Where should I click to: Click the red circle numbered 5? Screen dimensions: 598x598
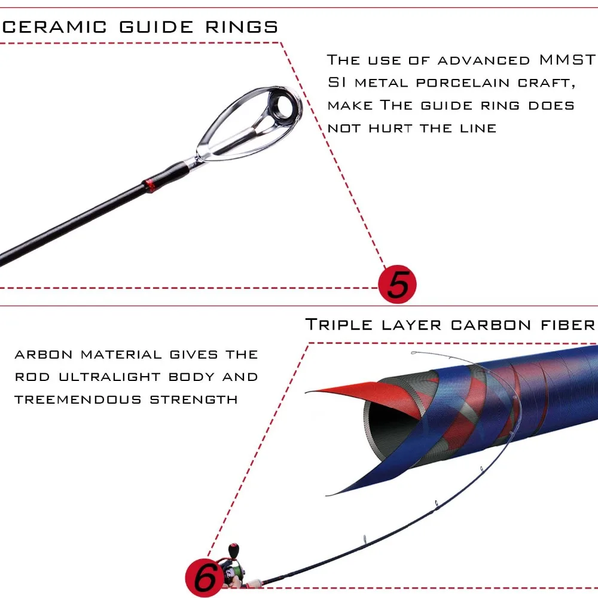397,284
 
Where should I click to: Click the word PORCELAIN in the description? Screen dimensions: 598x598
465,83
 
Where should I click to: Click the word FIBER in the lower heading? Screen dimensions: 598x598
567,325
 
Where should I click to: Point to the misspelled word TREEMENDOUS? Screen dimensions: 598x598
78,399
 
